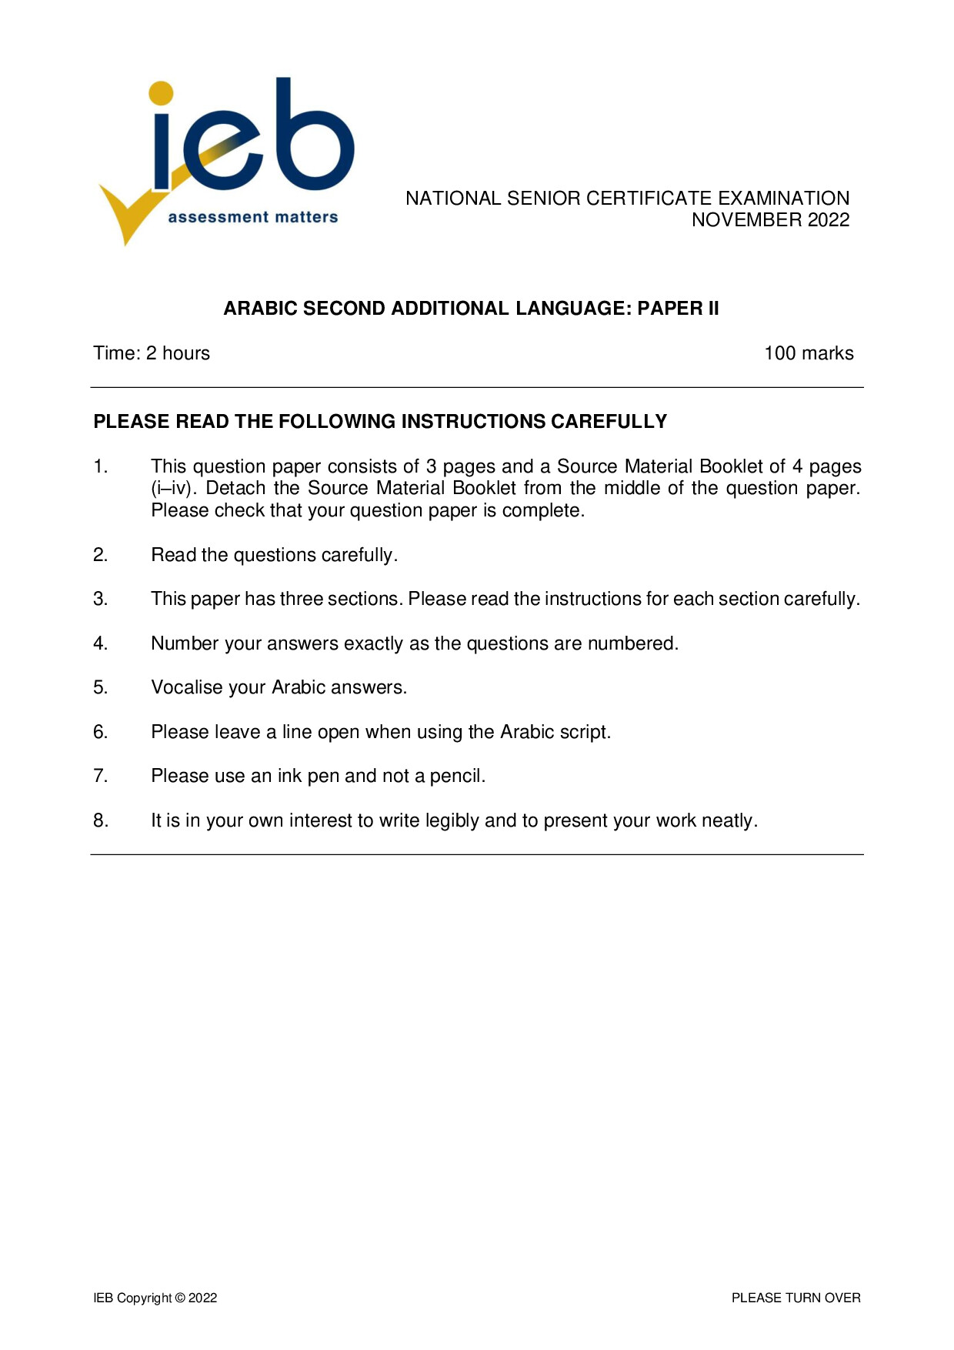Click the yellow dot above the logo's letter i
pos(162,93)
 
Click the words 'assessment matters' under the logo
pos(253,217)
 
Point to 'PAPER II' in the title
pos(678,309)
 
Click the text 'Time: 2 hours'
pos(152,353)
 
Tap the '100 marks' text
pos(809,353)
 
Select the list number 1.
pos(101,466)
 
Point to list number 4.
pos(101,643)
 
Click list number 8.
pos(101,820)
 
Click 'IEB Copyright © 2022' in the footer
pos(155,1298)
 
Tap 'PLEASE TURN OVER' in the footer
pos(796,1298)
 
